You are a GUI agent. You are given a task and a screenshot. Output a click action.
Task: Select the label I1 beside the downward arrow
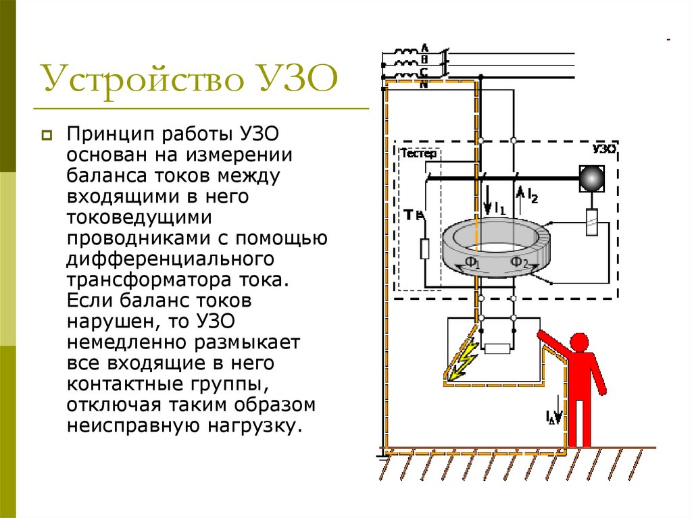tap(499, 208)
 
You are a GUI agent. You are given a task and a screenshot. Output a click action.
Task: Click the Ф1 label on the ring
tap(472, 263)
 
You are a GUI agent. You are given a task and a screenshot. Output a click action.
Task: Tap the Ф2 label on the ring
tap(518, 263)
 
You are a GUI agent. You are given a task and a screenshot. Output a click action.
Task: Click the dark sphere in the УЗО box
tap(591, 178)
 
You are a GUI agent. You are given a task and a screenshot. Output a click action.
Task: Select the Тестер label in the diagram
tap(420, 153)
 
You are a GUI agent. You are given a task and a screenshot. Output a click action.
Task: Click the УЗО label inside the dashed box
tap(603, 149)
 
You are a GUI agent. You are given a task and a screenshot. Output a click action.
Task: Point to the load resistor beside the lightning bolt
tap(497, 348)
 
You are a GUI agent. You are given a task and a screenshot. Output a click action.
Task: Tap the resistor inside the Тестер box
tap(424, 249)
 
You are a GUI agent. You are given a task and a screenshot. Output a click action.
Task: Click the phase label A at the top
tap(424, 47)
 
